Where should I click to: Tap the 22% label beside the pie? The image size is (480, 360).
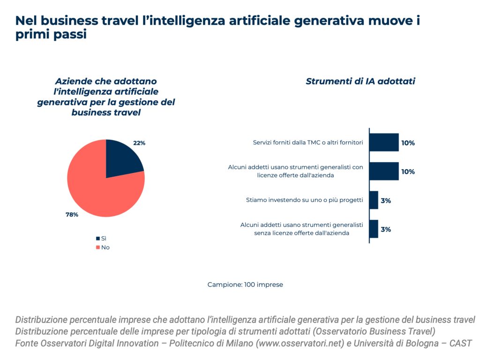[x=139, y=143]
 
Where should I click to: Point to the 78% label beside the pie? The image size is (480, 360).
[x=72, y=215]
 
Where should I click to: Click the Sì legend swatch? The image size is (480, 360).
[x=98, y=239]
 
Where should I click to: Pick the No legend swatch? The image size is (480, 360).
[x=98, y=247]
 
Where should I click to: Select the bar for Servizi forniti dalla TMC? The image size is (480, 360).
[x=384, y=142]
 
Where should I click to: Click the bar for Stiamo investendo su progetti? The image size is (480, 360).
[x=374, y=200]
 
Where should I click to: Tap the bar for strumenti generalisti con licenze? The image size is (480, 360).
[x=384, y=172]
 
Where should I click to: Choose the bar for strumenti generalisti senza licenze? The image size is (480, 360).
[x=374, y=229]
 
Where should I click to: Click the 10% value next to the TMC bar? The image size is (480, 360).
[x=408, y=143]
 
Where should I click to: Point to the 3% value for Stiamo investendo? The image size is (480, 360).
[x=386, y=201]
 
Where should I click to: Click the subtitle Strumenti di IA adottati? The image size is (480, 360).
[x=360, y=81]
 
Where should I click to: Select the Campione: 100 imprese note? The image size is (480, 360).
[x=245, y=285]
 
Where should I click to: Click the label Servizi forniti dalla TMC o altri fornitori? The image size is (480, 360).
[x=308, y=142]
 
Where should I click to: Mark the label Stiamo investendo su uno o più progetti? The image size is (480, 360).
[x=305, y=200]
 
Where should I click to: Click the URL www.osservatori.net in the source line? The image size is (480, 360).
[x=300, y=343]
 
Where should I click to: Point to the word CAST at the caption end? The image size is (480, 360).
[x=460, y=343]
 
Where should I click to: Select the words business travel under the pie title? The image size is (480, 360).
[x=106, y=112]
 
